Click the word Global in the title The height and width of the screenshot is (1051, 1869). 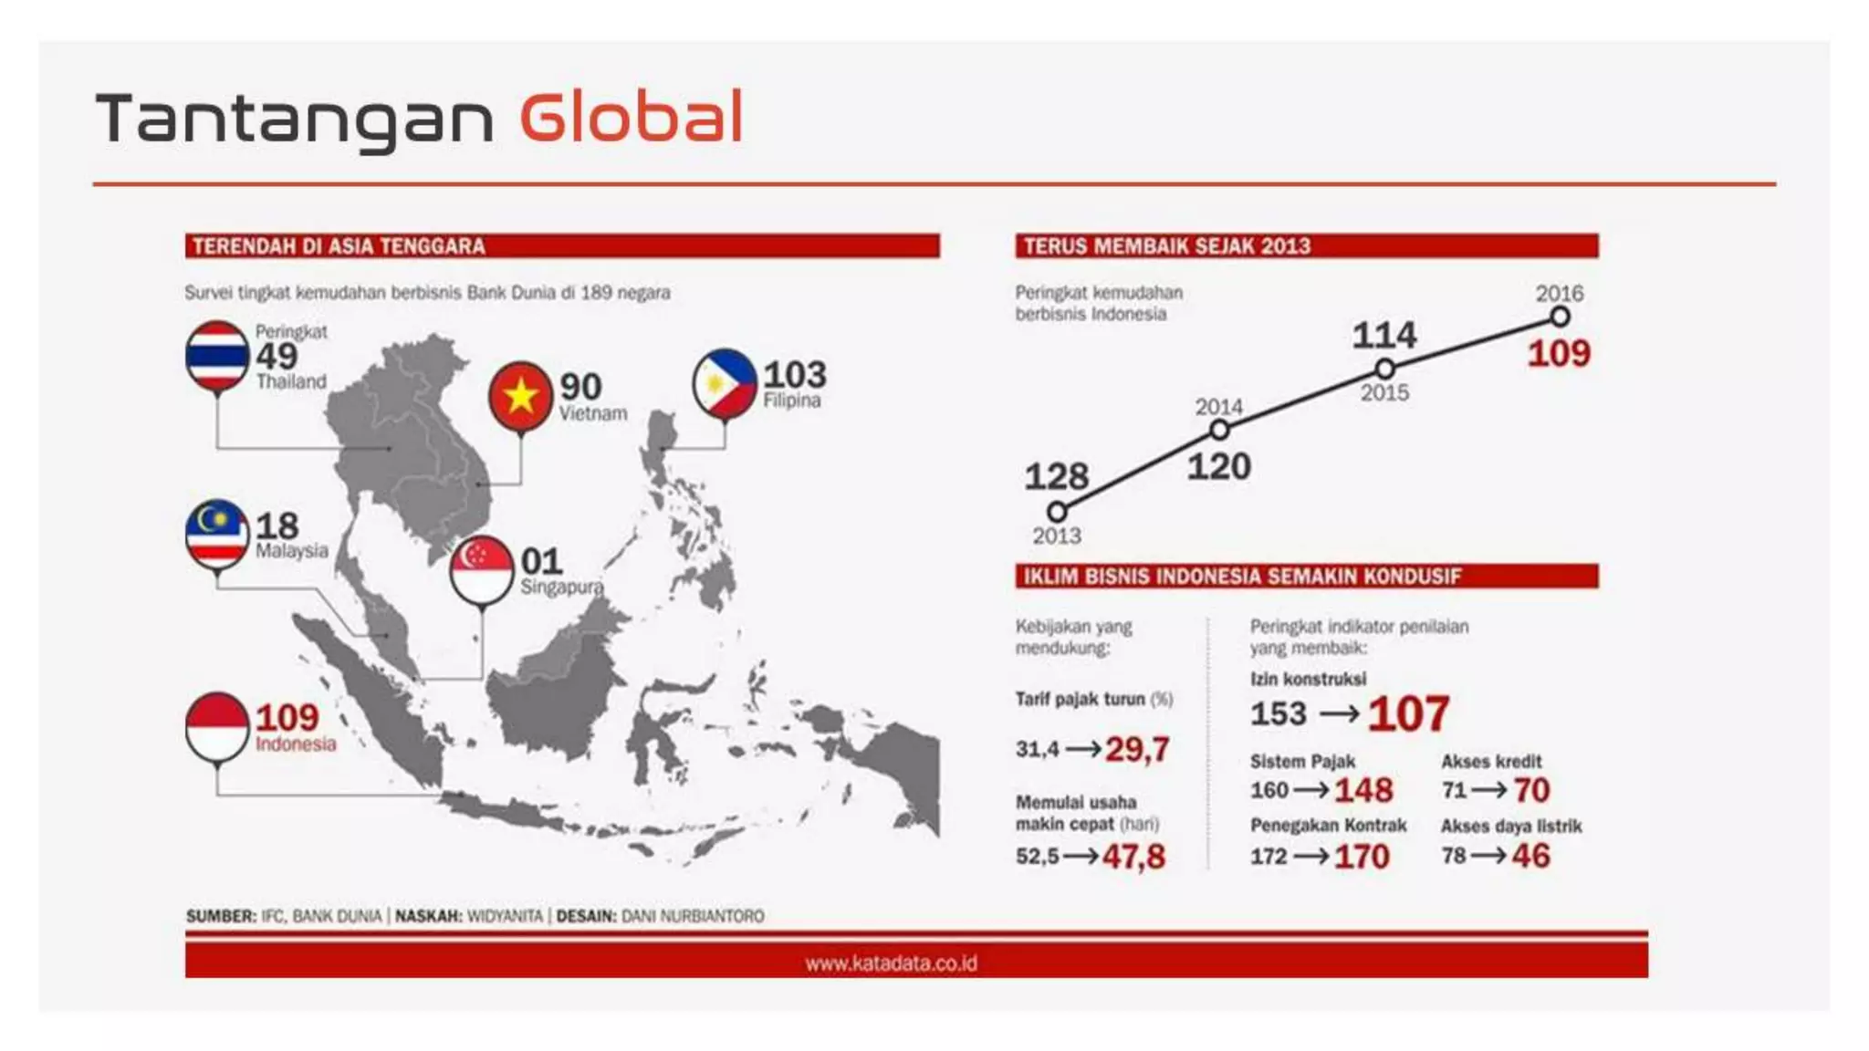coord(632,119)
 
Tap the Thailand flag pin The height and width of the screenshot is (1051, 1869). coord(217,357)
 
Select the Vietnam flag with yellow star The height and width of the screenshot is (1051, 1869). coord(520,395)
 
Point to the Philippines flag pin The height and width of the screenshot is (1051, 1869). coord(725,383)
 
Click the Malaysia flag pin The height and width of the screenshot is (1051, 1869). coord(217,534)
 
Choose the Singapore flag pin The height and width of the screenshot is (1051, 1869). coord(482,569)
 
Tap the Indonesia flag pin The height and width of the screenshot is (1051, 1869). coord(217,726)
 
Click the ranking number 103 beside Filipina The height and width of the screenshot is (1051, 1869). coord(795,375)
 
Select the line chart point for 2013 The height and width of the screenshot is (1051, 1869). coord(1057,511)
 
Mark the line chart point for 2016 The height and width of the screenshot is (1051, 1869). coord(1560,317)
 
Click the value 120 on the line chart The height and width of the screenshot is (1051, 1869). coord(1218,467)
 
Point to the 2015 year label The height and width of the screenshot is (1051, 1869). coord(1384,393)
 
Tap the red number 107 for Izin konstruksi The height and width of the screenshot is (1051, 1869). coord(1408,713)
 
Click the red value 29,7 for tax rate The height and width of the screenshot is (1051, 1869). coord(1137,750)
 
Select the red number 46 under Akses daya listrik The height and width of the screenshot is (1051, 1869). coord(1530,856)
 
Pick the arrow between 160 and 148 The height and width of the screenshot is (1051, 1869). coord(1311,790)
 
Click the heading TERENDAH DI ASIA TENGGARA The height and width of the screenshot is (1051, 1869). coord(339,246)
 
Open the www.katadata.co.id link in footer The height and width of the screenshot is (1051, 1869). coord(891,963)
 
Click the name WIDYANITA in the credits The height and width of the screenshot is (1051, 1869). coord(505,916)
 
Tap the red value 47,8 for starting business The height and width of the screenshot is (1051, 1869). coord(1133,857)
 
